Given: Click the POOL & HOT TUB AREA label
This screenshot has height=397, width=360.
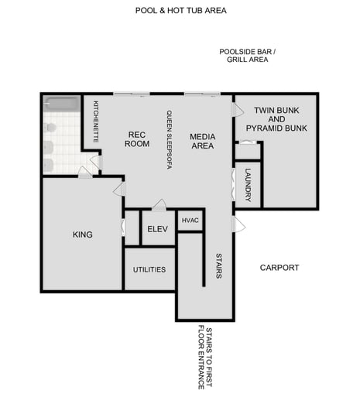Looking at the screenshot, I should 180,12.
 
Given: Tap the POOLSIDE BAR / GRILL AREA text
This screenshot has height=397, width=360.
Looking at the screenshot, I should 247,55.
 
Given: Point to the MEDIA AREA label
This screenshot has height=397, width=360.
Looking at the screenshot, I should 202,141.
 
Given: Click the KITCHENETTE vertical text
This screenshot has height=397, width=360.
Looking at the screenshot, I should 96,121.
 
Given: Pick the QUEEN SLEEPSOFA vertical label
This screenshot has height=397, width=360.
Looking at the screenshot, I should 168,139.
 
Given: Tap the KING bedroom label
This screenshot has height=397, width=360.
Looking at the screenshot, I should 82,234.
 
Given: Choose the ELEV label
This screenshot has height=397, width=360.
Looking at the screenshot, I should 157,228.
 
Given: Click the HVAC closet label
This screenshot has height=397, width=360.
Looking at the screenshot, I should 190,221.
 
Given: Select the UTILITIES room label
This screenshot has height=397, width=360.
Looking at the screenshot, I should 149,269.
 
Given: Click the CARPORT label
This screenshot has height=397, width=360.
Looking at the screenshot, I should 279,268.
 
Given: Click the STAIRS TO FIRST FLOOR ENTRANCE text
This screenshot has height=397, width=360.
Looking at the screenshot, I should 205,358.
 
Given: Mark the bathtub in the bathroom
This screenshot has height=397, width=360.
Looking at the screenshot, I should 61,104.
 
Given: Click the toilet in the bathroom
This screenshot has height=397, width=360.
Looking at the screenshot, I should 50,127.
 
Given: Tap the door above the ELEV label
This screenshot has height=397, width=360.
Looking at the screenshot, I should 159,205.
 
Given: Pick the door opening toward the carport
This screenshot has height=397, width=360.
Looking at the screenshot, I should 238,224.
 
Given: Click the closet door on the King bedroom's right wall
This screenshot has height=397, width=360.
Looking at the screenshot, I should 123,228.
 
